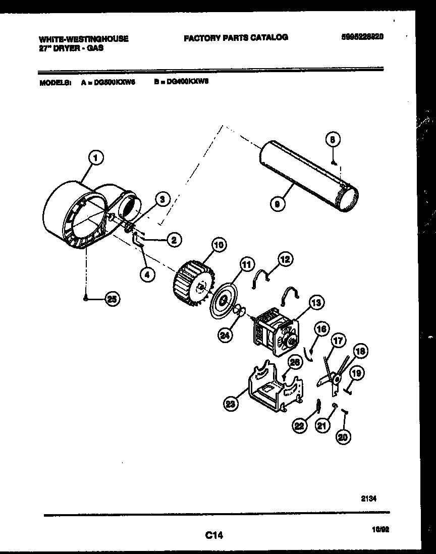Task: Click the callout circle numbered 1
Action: coord(94,158)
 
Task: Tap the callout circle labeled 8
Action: coord(332,139)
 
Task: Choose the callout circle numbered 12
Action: coord(285,259)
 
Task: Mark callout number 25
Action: coord(112,299)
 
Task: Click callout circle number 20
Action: coord(343,437)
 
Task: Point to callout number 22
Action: coord(300,426)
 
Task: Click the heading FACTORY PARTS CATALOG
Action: coord(236,37)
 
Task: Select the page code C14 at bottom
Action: coord(214,534)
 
